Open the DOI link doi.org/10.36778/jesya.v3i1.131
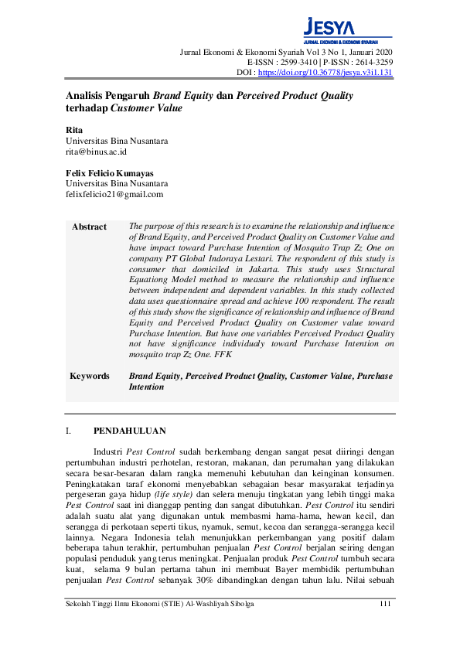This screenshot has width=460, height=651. (325, 73)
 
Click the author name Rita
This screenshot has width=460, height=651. (73, 130)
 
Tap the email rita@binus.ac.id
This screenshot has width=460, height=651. (96, 152)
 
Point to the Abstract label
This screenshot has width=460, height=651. (89, 227)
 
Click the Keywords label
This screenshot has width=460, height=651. (90, 376)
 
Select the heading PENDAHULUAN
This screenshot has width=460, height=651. (129, 431)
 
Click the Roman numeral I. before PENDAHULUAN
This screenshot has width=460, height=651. (69, 431)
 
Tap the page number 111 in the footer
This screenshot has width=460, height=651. (387, 604)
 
